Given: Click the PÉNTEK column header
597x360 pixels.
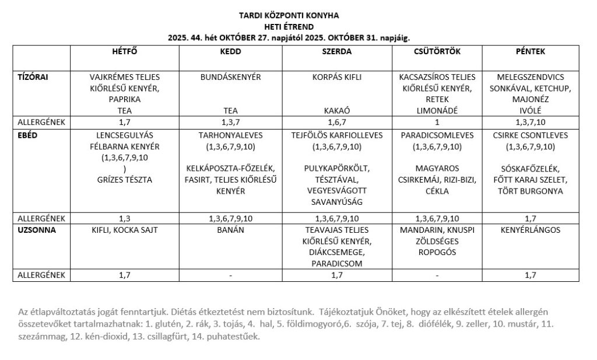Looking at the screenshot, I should tap(530, 51).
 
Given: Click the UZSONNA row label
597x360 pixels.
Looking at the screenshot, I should tap(37, 230).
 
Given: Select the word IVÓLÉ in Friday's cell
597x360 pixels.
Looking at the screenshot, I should tap(530, 110).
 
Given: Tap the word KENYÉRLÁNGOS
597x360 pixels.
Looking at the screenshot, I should tap(530, 230).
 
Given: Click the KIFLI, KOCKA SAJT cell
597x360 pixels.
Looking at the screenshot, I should tap(124, 230).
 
